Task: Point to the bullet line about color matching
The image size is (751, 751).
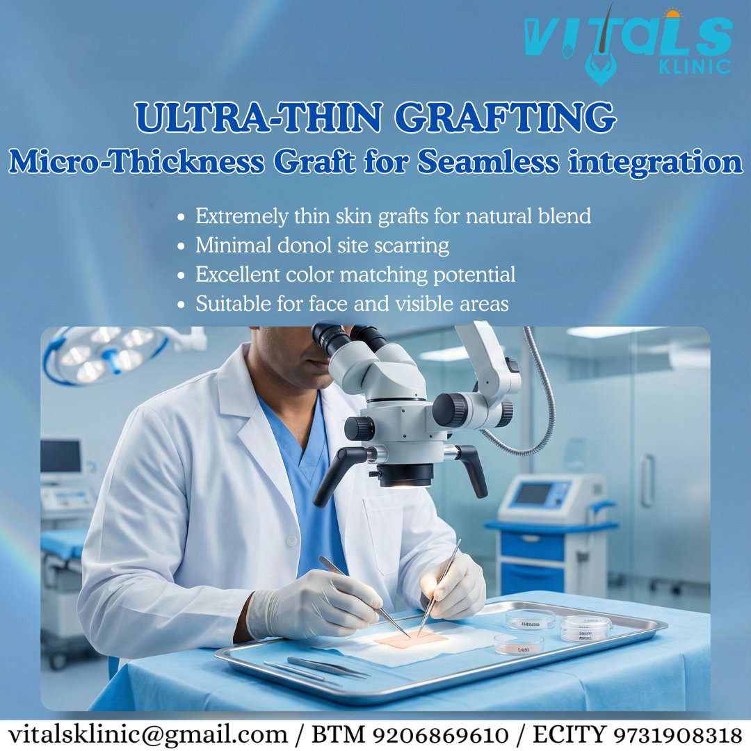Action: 355,275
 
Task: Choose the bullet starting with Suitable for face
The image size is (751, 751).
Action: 351,304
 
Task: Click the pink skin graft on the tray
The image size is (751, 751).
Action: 410,639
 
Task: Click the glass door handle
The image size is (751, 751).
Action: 648,481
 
